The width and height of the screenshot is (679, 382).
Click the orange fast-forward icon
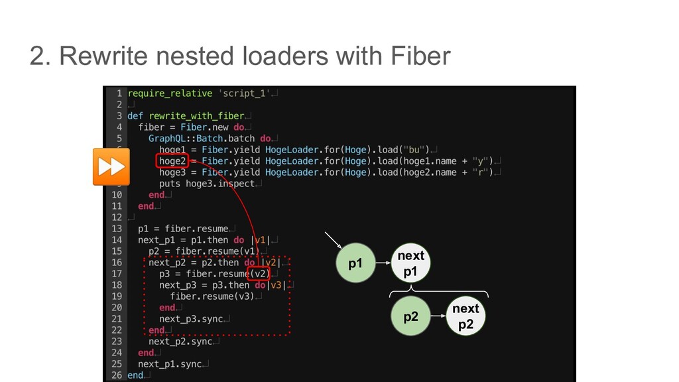pos(110,166)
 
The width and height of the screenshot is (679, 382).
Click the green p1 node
pos(356,263)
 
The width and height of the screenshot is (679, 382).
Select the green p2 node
pos(411,316)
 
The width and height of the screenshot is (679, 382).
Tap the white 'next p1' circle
pos(410,263)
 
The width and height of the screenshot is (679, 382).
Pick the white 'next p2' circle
pos(465,316)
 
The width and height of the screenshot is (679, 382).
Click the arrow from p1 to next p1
pos(383,263)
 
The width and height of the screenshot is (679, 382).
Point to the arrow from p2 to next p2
pos(437,316)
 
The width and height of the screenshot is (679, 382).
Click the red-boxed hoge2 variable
pos(173,160)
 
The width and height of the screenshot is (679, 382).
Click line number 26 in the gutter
pos(115,375)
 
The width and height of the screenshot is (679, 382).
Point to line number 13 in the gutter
pos(115,229)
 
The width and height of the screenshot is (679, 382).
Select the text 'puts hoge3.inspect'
pos(207,184)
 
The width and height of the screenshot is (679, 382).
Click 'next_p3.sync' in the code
pos(191,319)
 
